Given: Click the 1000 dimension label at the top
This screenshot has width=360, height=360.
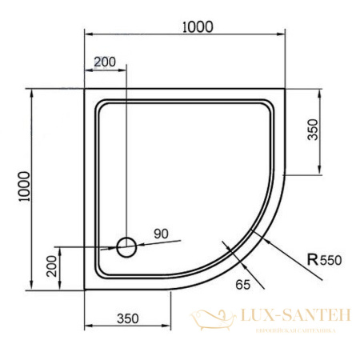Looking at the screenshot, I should [197, 26].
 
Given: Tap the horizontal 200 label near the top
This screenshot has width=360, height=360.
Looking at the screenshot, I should [105, 62].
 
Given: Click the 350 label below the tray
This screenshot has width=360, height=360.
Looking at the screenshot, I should [127, 318].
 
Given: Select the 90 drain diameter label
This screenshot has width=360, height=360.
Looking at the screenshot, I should [162, 234].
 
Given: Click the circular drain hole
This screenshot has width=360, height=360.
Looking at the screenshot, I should [126, 247].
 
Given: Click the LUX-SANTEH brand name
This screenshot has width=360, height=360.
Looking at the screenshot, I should [295, 318].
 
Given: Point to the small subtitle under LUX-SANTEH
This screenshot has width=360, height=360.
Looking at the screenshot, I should [295, 330].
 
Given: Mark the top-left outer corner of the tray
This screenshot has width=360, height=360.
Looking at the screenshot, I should [84, 89].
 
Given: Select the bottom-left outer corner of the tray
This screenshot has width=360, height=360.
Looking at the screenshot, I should [84, 291].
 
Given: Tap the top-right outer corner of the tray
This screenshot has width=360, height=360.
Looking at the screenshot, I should [286, 89].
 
